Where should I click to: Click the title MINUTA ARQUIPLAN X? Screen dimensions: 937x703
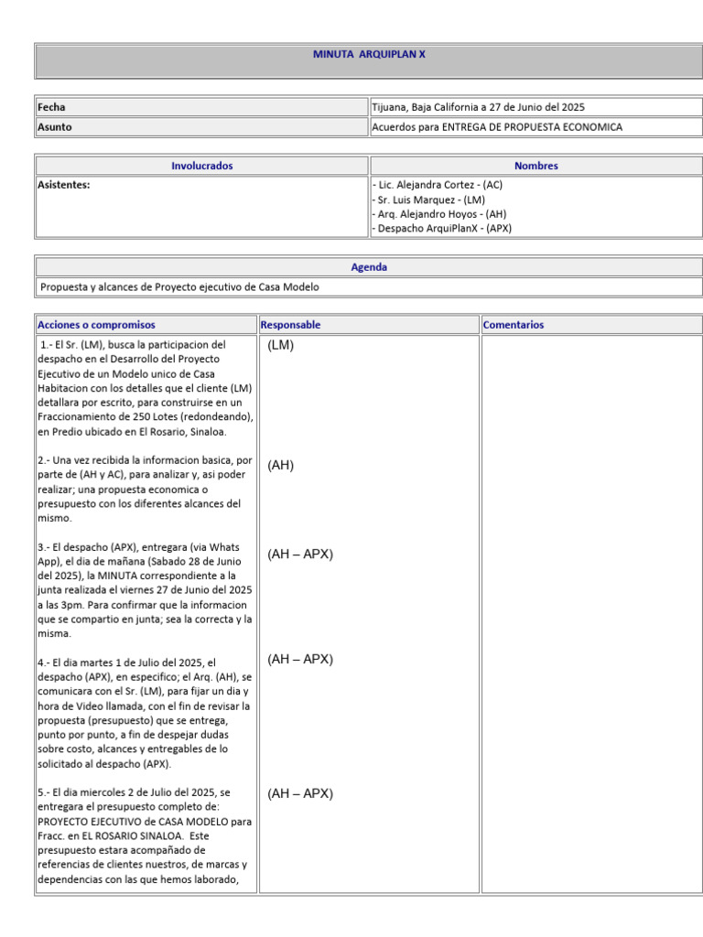pyautogui.click(x=369, y=55)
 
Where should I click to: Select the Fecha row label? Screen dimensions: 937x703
pyautogui.click(x=51, y=107)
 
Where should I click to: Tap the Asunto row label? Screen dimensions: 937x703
pyautogui.click(x=54, y=127)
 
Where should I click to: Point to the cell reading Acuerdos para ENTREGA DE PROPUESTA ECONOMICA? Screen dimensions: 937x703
pyautogui.click(x=497, y=127)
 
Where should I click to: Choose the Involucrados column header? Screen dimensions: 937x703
pyautogui.click(x=202, y=166)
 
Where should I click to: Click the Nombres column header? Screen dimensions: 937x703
pyautogui.click(x=535, y=166)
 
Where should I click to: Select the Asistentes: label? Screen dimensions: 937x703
pyautogui.click(x=64, y=185)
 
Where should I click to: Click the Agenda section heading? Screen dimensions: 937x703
pyautogui.click(x=369, y=267)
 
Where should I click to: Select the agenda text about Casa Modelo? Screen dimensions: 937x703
pyautogui.click(x=180, y=287)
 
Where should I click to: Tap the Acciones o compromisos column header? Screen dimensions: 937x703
pyautogui.click(x=96, y=325)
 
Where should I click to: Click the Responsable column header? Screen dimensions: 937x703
pyautogui.click(x=291, y=325)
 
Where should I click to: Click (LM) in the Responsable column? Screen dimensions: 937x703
pyautogui.click(x=281, y=346)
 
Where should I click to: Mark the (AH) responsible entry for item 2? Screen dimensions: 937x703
pyautogui.click(x=281, y=466)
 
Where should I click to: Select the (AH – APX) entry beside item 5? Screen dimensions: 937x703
pyautogui.click(x=300, y=794)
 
